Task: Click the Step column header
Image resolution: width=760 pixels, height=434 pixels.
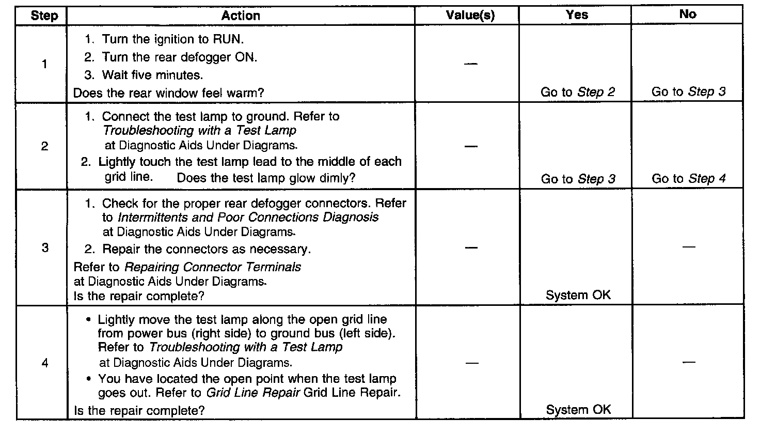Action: tap(44, 16)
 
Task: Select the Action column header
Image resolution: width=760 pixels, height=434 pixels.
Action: tap(241, 16)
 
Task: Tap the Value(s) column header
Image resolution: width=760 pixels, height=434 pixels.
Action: tap(470, 16)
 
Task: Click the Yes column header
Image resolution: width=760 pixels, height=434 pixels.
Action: tap(577, 15)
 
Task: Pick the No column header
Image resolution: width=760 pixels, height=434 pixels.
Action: tap(688, 14)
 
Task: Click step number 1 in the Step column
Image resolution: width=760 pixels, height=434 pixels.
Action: tap(44, 65)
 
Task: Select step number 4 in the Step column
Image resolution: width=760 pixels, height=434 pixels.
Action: tap(44, 363)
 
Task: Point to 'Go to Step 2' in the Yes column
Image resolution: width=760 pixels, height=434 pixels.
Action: tap(578, 92)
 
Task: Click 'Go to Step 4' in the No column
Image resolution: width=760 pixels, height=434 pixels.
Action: tap(689, 179)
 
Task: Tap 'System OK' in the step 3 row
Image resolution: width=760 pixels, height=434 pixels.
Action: tap(578, 295)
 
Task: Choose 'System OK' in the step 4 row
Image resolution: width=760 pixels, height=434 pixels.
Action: tap(578, 410)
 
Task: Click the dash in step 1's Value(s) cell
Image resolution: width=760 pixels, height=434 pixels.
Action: tap(470, 64)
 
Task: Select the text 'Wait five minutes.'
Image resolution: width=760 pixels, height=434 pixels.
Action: tap(152, 75)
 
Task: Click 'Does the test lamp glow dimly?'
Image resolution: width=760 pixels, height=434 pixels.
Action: tap(266, 178)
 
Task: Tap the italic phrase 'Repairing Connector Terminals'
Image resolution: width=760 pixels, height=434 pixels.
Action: tap(213, 267)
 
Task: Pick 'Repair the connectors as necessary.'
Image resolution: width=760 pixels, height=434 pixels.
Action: tap(206, 249)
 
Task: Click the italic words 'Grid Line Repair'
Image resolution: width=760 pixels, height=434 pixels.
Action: tap(253, 392)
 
